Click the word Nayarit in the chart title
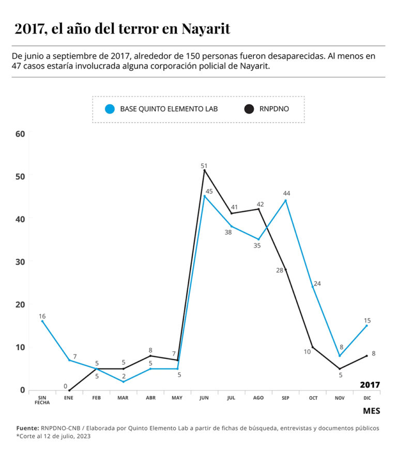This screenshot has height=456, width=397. tap(205, 29)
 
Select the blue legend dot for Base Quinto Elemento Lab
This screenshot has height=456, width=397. tap(109, 109)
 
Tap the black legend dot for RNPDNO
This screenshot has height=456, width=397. tap(249, 109)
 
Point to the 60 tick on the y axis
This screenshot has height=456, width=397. tap(20, 134)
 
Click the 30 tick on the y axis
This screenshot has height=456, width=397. tap(20, 262)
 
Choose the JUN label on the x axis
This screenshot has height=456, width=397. tap(204, 398)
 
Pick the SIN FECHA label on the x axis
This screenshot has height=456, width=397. tap(42, 400)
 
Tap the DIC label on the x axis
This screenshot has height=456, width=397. tap(367, 398)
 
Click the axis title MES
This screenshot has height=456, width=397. tap(371, 411)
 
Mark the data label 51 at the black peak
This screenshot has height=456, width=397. tap(204, 166)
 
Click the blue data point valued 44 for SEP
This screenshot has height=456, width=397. tap(286, 201)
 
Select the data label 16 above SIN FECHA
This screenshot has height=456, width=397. tap(42, 316)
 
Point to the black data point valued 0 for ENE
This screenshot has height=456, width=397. tap(69, 390)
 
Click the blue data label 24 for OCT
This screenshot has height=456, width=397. tap(317, 283)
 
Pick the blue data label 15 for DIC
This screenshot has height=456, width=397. tap(367, 320)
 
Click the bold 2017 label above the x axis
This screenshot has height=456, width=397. tap(370, 385)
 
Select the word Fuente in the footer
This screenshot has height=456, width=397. tap(27, 428)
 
